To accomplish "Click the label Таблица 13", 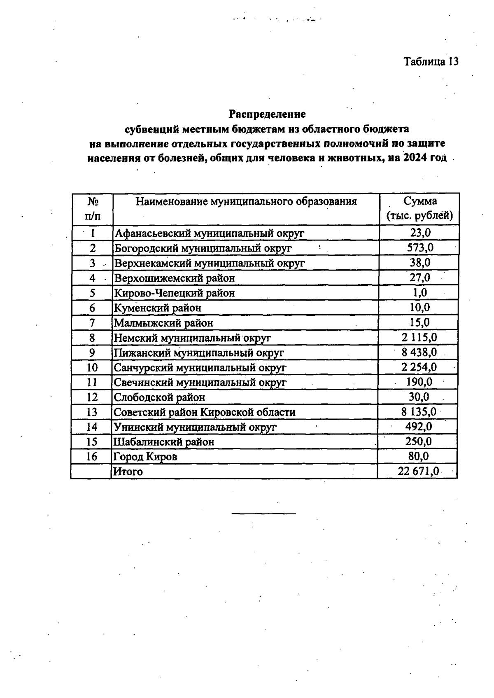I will click(x=431, y=61).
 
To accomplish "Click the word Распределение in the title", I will click(x=267, y=113).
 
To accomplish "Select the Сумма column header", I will click(x=419, y=208).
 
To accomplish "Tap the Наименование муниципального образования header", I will click(x=246, y=201).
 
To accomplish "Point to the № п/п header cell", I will click(x=93, y=208).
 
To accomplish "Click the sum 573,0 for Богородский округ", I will click(x=420, y=248).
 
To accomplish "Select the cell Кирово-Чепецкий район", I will click(x=175, y=293).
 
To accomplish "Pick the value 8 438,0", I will click(x=419, y=353).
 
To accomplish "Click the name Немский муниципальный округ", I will click(x=192, y=338).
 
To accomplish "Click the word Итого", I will click(x=128, y=472).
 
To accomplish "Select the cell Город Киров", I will click(x=145, y=457).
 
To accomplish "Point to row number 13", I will click(x=92, y=412).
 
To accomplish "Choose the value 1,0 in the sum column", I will click(x=420, y=292).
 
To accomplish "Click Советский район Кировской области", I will click(x=204, y=412).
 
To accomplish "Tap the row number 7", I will click(x=92, y=323).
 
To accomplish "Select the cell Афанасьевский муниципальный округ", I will click(x=209, y=233).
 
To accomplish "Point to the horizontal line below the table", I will click(x=263, y=514).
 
